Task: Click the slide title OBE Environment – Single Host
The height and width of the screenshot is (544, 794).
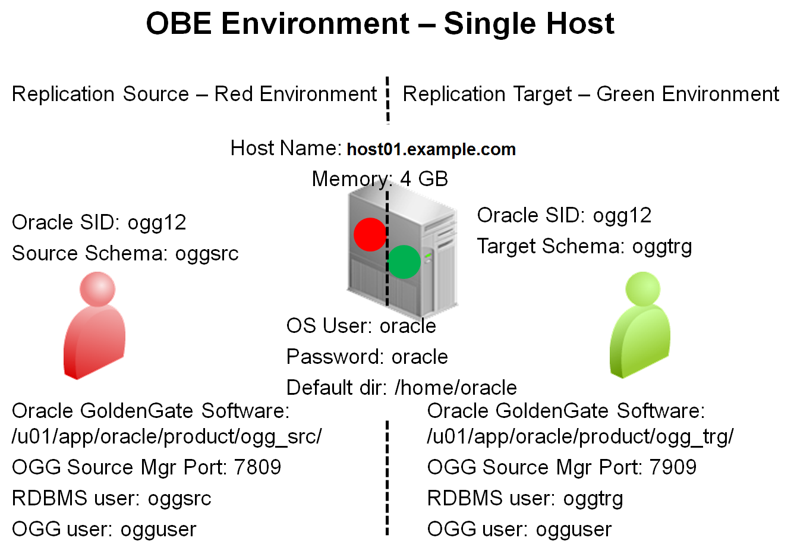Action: click(x=380, y=24)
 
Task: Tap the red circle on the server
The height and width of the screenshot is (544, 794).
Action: click(x=370, y=234)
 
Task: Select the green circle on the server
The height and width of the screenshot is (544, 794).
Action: click(x=404, y=262)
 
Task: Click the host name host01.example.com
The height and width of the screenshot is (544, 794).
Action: click(x=431, y=149)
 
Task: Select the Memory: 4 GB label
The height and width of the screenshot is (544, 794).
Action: click(x=380, y=179)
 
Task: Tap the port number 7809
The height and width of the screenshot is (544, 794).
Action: click(x=257, y=467)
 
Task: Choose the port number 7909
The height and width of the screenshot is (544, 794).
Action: click(x=673, y=467)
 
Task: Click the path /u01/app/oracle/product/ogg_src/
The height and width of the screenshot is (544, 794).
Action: click(x=167, y=437)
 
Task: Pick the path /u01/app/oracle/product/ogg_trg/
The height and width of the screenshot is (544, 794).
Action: click(x=580, y=437)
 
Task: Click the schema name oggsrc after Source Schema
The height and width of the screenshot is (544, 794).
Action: click(x=207, y=254)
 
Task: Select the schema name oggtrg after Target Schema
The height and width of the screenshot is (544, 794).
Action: click(x=661, y=247)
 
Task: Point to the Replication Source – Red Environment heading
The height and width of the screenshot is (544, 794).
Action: click(x=194, y=94)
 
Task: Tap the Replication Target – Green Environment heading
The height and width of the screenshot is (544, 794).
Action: click(x=591, y=94)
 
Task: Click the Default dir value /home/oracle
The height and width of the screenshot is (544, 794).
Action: click(x=456, y=388)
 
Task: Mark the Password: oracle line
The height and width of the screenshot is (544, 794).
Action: click(x=367, y=357)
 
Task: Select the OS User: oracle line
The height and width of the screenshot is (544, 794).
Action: click(x=361, y=326)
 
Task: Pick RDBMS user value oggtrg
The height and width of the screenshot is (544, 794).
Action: click(x=593, y=499)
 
